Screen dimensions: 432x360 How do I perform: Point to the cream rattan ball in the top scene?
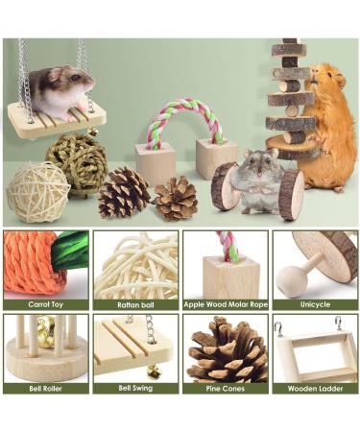[37, 191]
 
